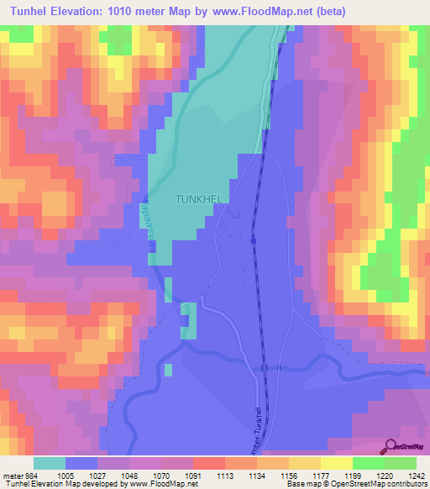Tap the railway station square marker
click(253, 241)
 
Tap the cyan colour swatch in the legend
click(50, 463)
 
